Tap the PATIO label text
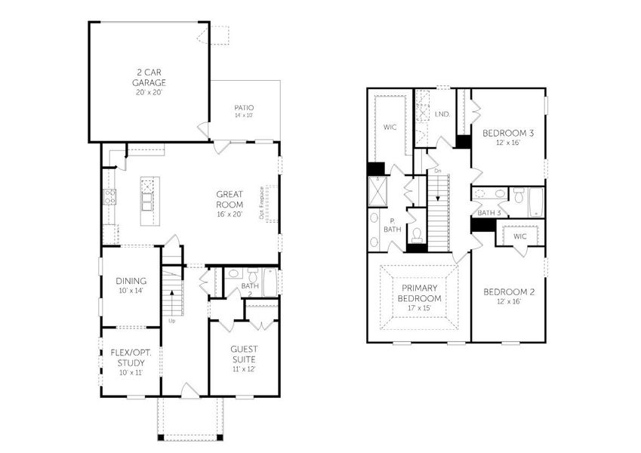243,108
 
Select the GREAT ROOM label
229,199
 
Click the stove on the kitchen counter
109,198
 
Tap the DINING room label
130,280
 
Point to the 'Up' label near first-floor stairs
171,321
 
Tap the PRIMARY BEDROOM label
420,292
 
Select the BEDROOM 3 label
508,134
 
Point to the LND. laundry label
442,114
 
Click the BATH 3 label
488,213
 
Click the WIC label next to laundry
390,127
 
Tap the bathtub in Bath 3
535,200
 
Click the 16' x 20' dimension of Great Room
229,214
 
